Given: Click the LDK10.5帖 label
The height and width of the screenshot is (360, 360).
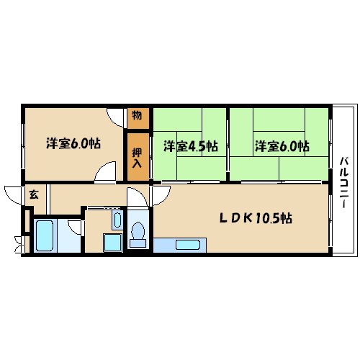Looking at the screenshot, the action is [256, 218].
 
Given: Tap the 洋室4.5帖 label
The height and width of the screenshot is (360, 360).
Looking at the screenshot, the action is [191, 146].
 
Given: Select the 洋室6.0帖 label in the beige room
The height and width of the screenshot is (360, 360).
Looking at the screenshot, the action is [73, 143].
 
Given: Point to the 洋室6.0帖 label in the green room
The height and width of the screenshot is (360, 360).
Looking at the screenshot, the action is [282, 146].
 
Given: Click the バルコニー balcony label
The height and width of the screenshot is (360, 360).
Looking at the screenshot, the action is [344, 182].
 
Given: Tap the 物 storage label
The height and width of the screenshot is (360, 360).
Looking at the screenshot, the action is [137, 116].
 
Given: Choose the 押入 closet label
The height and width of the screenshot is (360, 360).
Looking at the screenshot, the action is [137, 158].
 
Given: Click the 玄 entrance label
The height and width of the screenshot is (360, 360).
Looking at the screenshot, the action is [34, 194].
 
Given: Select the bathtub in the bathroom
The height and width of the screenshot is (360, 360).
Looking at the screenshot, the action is [45, 235].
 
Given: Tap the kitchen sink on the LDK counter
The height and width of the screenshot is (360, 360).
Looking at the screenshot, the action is [188, 245].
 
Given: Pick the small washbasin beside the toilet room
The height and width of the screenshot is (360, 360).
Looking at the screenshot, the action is [117, 220].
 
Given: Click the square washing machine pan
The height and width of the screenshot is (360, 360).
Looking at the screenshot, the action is [112, 243].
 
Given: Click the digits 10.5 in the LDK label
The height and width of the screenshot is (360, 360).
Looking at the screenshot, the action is [268, 218].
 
